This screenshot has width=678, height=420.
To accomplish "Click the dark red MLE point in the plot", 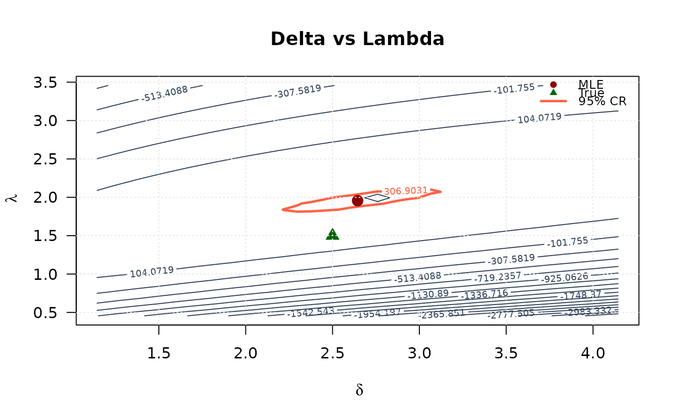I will click(x=357, y=200).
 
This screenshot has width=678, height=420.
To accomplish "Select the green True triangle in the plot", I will click(x=333, y=235).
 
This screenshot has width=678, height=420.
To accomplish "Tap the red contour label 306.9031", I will click(x=405, y=191).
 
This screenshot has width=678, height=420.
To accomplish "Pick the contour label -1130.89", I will click(x=428, y=294).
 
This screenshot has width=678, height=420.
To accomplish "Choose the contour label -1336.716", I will click(x=484, y=294).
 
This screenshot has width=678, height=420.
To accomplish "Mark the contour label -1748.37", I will click(x=581, y=294).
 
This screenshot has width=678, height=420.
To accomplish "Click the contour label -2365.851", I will click(x=442, y=314).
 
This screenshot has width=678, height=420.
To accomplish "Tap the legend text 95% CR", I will click(x=602, y=101).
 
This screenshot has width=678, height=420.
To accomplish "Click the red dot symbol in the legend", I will click(x=554, y=84).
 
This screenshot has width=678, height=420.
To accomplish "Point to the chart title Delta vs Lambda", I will click(x=357, y=39).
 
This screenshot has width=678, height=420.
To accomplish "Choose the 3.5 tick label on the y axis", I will click(x=46, y=82).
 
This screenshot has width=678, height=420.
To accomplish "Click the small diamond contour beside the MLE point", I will click(x=377, y=198).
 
